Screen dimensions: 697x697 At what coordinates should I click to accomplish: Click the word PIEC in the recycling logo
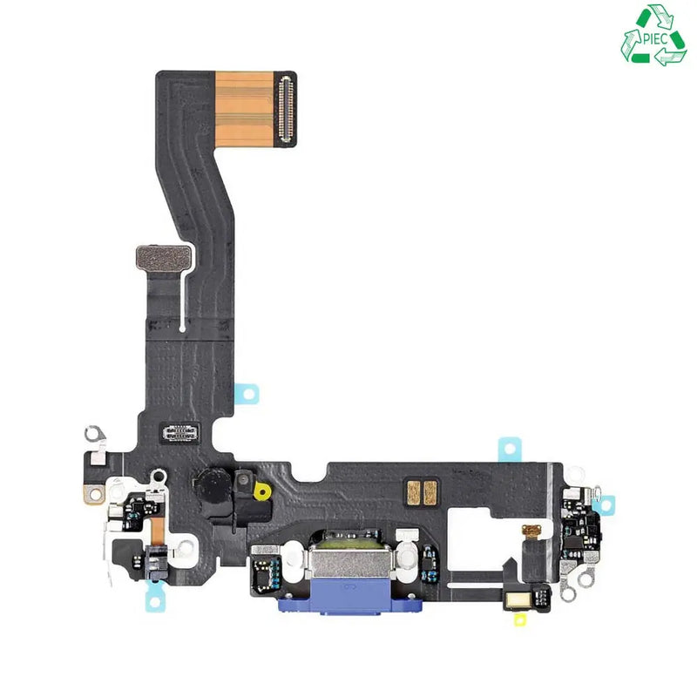[655, 38]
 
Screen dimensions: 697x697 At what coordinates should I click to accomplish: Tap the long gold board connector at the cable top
[286, 109]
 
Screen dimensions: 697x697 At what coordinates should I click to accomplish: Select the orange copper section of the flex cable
[244, 109]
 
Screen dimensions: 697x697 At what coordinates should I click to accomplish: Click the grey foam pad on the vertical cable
[164, 258]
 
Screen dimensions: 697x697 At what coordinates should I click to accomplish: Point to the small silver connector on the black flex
[179, 432]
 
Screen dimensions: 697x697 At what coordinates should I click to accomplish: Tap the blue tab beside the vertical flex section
[247, 394]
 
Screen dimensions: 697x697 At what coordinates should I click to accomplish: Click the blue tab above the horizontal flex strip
[510, 449]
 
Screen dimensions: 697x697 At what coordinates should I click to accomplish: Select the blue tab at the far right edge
[605, 506]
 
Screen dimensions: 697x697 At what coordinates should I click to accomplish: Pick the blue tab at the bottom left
[155, 598]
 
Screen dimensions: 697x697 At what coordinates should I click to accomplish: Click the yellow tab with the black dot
[262, 491]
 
